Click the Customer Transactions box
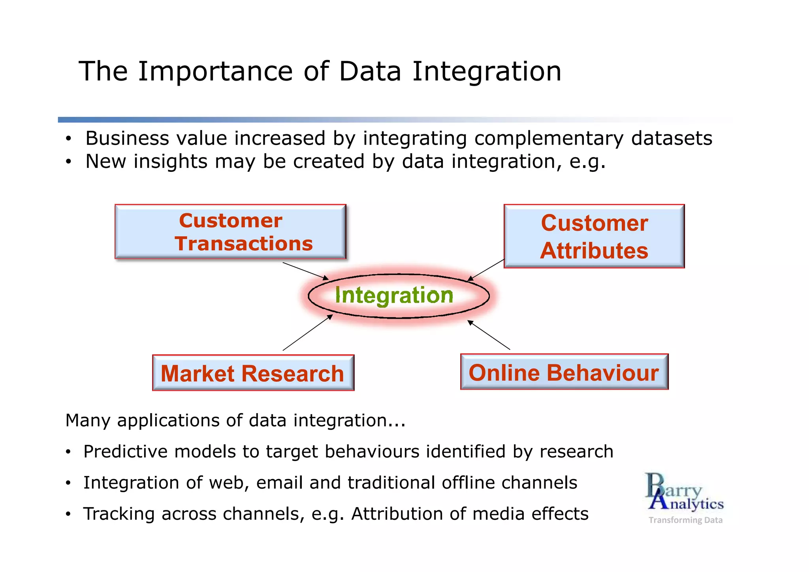click(x=230, y=232)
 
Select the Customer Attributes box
click(x=594, y=236)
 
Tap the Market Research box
click(x=253, y=373)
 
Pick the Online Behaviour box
click(x=564, y=372)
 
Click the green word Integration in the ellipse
click(x=394, y=295)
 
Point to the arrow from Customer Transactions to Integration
click(x=305, y=271)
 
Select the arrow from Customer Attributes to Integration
click(x=486, y=270)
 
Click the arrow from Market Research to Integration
click(x=307, y=333)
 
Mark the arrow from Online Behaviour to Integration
click(x=489, y=335)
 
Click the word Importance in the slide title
click(x=215, y=72)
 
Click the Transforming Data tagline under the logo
click(x=685, y=520)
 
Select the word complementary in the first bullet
click(x=549, y=139)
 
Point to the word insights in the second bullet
click(x=170, y=162)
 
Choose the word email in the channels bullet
click(x=279, y=483)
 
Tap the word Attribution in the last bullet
click(x=396, y=514)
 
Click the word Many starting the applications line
click(x=88, y=420)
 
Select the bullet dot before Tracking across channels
click(x=68, y=514)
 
